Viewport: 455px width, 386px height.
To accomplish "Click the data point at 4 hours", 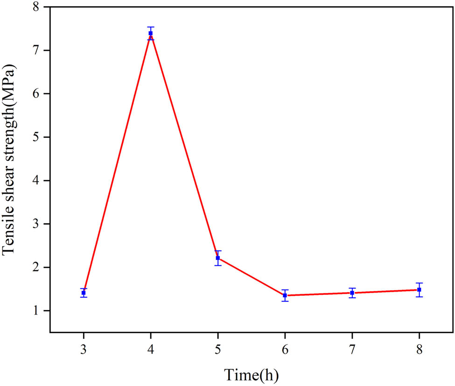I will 151,33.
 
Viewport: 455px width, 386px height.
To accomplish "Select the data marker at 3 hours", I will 84,293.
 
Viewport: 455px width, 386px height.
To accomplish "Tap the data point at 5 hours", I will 217,258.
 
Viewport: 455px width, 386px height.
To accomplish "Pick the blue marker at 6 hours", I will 285,295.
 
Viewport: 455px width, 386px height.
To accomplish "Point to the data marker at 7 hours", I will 352,293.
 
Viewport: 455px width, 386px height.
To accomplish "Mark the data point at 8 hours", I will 419,290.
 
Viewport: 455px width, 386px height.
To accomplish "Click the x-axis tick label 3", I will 84,350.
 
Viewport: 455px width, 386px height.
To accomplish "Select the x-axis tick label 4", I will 151,350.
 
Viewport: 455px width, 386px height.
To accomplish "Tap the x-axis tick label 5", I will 217,350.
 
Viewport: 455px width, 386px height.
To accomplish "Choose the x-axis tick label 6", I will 285,350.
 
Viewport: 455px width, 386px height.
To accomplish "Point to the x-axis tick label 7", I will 352,350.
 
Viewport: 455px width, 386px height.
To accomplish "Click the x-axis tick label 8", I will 419,350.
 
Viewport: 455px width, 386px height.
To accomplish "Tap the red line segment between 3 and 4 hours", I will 117,163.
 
